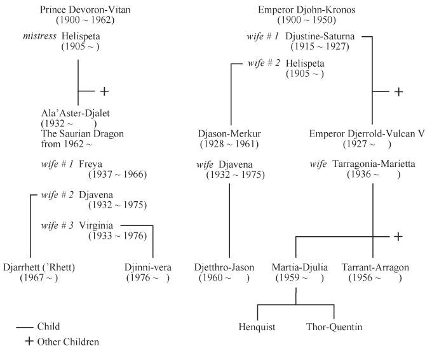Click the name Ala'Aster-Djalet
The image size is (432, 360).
pos(71,113)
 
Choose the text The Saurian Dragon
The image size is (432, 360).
pos(82,134)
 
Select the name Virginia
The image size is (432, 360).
pos(97,225)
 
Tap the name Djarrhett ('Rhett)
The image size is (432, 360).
pos(39,267)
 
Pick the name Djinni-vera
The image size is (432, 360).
pos(147,267)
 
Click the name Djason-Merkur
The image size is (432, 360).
pos(227,134)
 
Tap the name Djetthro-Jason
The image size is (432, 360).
pos(227,267)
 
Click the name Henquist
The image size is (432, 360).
pos(257,327)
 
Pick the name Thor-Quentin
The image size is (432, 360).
pos(334,327)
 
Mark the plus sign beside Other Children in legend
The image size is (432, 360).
pos(29,341)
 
